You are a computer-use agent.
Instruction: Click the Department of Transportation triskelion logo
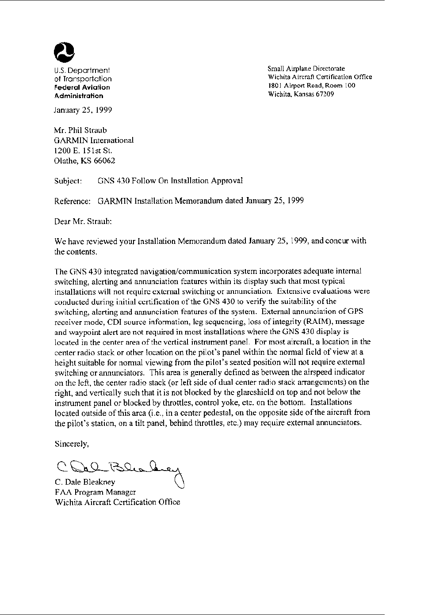64,53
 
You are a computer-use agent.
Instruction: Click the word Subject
68,181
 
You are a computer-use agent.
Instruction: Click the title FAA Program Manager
95,492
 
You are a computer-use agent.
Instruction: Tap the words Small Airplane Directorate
306,68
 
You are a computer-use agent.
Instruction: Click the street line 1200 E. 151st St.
80,151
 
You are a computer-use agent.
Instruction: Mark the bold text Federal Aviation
82,87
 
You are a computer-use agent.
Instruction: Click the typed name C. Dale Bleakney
85,482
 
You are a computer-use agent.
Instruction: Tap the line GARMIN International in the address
94,140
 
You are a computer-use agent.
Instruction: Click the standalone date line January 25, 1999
83,110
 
